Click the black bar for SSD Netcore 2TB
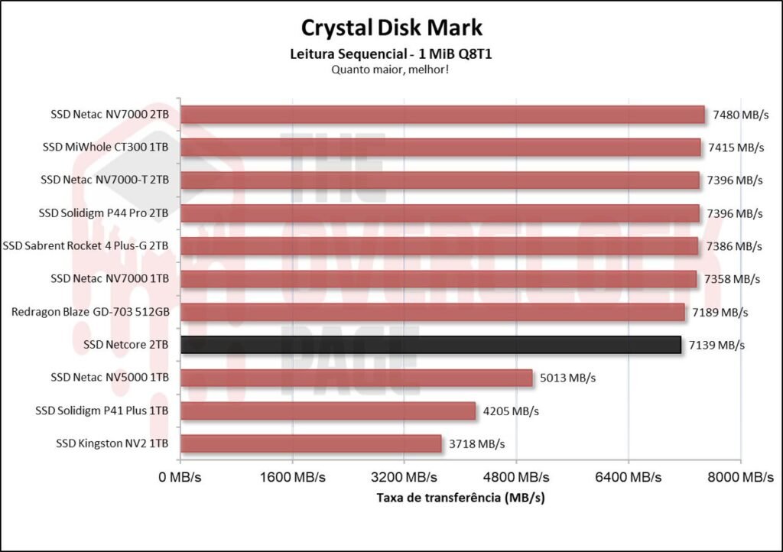point(430,345)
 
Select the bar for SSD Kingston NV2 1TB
point(311,443)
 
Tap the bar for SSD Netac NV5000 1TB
point(356,378)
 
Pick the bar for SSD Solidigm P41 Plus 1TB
point(328,411)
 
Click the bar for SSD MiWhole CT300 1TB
point(440,148)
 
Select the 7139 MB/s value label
point(716,345)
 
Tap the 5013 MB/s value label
point(568,378)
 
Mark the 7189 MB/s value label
point(720,312)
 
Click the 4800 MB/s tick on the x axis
point(516,477)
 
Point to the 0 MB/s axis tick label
point(180,477)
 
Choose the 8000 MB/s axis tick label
point(740,477)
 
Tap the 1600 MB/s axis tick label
point(292,477)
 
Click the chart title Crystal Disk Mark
point(391,28)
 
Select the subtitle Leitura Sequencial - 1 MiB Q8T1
point(391,54)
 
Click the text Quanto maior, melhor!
point(391,70)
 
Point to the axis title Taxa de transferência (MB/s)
point(460,498)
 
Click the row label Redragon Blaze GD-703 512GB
point(90,312)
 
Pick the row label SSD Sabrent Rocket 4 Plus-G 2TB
point(86,246)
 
